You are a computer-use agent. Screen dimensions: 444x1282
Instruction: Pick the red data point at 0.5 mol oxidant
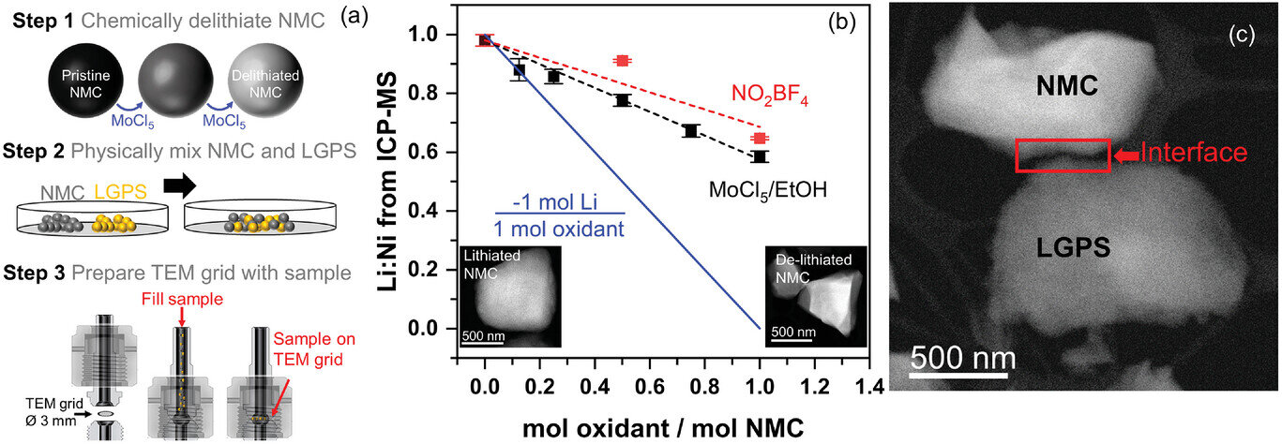[x=621, y=61]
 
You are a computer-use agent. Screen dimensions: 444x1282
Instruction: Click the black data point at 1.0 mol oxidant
[x=760, y=156]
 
